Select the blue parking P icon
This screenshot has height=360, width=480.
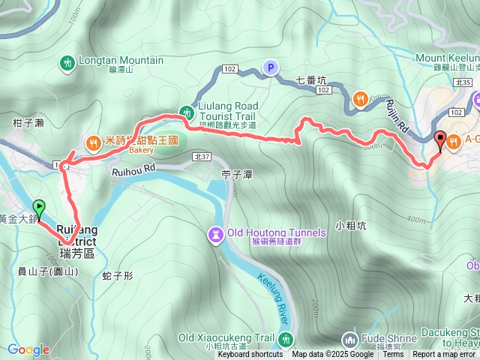click(269, 68)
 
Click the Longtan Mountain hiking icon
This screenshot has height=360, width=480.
click(67, 62)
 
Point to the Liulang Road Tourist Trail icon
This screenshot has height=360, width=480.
click(185, 112)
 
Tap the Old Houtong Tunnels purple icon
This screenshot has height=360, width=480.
click(216, 235)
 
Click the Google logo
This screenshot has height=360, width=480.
click(28, 349)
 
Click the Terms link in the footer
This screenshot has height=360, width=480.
click(393, 354)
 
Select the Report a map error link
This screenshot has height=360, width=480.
click(445, 354)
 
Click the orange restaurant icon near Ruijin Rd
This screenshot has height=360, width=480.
click(361, 97)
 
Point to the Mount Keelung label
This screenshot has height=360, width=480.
click(448, 57)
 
